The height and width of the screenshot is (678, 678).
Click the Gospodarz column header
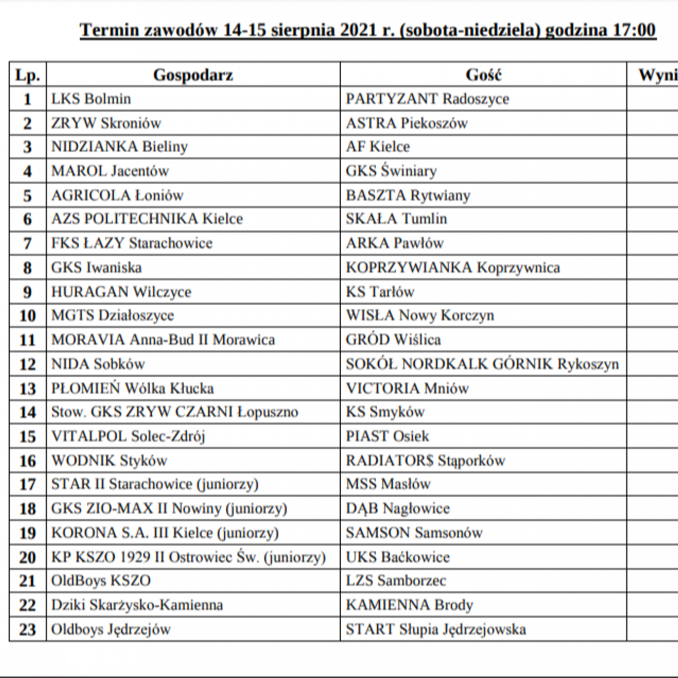click(193, 75)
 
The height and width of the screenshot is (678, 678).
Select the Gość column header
click(483, 75)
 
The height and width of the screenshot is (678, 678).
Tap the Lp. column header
click(27, 75)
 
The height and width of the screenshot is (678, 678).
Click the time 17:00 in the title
click(634, 30)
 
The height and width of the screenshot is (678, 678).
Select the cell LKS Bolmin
click(91, 99)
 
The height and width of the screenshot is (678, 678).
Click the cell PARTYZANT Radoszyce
click(427, 99)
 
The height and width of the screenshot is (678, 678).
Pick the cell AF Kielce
click(378, 147)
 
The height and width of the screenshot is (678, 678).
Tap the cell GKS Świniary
click(391, 171)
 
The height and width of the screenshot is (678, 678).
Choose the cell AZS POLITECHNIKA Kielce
click(147, 219)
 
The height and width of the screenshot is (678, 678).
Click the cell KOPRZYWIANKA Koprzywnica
click(452, 268)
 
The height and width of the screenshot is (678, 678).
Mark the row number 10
click(27, 316)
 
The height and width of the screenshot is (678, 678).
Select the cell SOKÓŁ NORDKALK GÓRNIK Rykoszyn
click(482, 364)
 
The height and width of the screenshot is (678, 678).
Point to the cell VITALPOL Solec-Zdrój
click(128, 436)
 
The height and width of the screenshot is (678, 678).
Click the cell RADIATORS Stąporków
click(425, 461)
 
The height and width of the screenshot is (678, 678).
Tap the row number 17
click(27, 484)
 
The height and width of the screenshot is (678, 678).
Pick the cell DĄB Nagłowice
click(397, 509)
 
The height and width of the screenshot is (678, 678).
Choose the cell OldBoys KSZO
click(101, 581)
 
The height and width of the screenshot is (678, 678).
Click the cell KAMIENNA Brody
click(409, 605)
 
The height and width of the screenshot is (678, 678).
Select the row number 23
click(27, 630)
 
